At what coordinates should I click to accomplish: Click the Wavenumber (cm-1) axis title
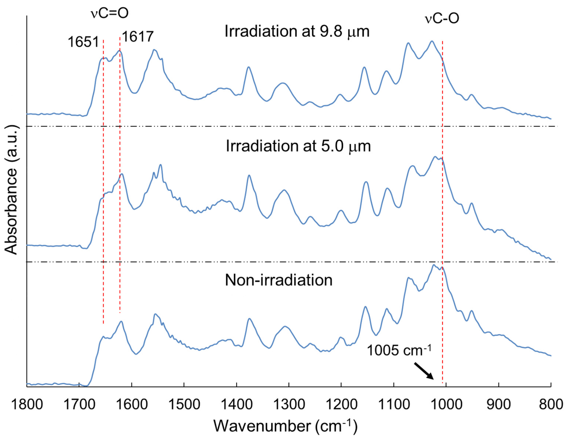click(x=285, y=426)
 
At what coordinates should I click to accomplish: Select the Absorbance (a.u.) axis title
click(x=11, y=190)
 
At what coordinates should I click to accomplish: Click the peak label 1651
click(x=83, y=42)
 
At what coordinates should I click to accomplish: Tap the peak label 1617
click(x=138, y=36)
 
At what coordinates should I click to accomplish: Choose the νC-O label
click(x=442, y=19)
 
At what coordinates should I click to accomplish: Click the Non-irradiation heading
click(x=279, y=280)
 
